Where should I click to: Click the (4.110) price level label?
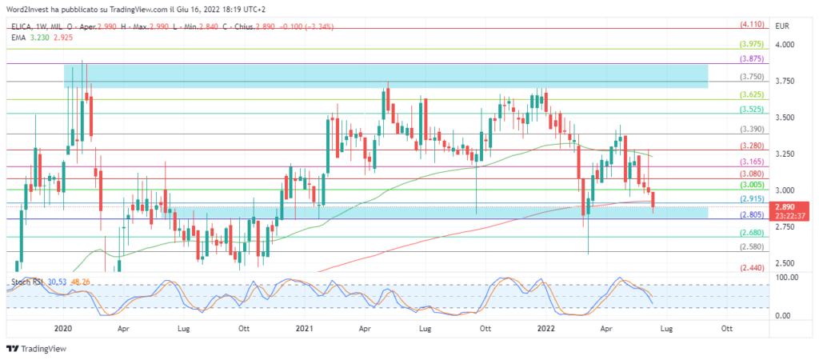pos(753,25)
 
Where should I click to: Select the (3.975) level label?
pos(753,45)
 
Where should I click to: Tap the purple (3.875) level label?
pos(753,59)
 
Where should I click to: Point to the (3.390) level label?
pos(753,129)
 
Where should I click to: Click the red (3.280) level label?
pos(753,146)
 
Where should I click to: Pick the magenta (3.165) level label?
pos(753,162)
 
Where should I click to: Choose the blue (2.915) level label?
pos(753,198)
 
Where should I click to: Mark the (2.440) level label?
pos(753,269)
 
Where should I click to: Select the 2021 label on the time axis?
pos(304,328)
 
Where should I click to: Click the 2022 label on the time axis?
pos(545,328)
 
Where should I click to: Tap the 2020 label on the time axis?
pos(63,328)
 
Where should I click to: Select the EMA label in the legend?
pos(18,38)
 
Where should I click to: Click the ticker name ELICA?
pos(23,26)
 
